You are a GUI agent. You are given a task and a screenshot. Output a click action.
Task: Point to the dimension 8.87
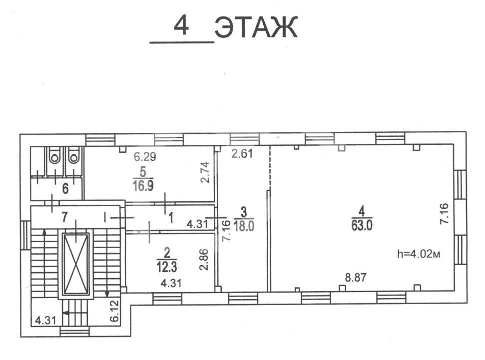[x=356, y=278]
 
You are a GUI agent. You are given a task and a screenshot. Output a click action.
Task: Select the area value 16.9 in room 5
[x=143, y=186]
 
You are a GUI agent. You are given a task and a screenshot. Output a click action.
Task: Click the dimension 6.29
[x=145, y=157]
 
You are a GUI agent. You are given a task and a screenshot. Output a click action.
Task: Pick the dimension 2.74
[x=205, y=172]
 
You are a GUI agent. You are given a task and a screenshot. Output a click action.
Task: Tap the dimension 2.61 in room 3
[x=242, y=153]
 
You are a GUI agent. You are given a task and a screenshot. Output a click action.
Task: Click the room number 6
[x=65, y=189]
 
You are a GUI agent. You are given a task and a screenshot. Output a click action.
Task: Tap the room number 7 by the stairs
[x=64, y=217]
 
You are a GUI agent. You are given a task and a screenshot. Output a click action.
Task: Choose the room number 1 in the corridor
[x=171, y=218]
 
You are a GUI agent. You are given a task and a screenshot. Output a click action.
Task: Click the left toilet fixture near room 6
[x=55, y=157]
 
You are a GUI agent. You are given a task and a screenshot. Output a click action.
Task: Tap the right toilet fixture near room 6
[x=74, y=157]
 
